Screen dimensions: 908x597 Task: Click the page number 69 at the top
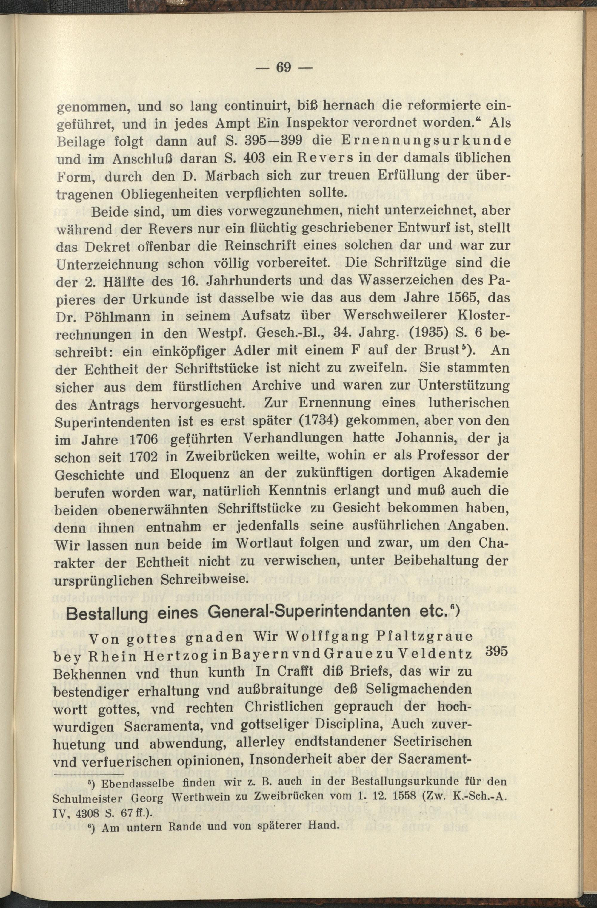coord(283,67)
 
